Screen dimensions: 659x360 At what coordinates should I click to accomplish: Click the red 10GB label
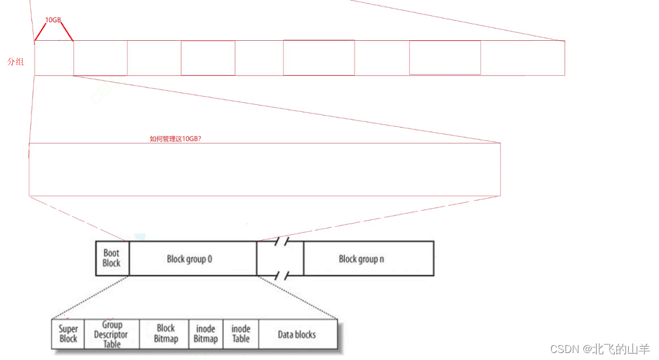[53, 20]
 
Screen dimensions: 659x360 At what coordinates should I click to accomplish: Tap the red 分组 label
[16, 62]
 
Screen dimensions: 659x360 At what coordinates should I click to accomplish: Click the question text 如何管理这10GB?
[175, 139]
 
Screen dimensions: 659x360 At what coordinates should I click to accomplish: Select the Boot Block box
[112, 258]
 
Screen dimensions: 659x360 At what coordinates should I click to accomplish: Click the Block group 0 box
[193, 258]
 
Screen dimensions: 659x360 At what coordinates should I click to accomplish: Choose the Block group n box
[369, 258]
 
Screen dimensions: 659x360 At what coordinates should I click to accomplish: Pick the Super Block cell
[68, 334]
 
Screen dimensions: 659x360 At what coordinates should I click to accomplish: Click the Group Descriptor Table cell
[112, 334]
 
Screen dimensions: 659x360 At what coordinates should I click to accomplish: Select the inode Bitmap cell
[206, 334]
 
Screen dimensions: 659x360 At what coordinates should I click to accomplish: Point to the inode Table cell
[241, 334]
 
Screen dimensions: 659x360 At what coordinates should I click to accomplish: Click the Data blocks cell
[298, 334]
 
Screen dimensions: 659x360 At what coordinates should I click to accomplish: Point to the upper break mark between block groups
[282, 241]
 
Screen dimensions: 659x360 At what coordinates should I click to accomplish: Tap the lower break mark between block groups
[282, 276]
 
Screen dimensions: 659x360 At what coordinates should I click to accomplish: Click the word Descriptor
[111, 335]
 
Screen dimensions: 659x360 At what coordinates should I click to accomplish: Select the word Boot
[111, 253]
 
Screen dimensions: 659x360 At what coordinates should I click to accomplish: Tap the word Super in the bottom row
[68, 329]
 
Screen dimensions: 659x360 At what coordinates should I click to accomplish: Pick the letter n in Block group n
[382, 259]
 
